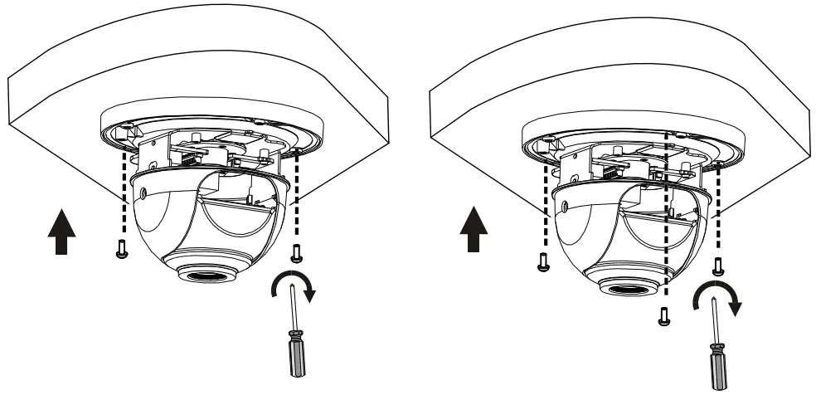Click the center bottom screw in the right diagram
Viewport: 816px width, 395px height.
[663, 316]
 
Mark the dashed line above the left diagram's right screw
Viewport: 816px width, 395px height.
[296, 199]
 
